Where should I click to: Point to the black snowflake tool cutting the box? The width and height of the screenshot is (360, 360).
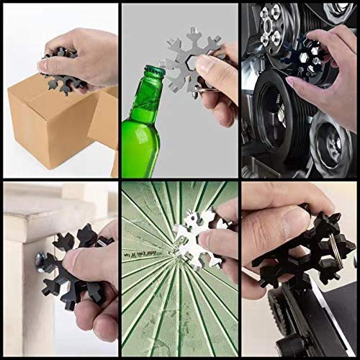[61, 70]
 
